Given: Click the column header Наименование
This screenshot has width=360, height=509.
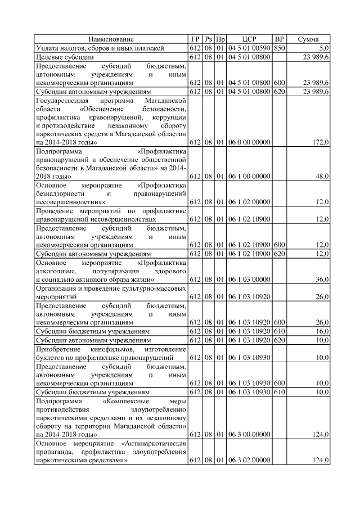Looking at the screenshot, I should pyautogui.click(x=111, y=39).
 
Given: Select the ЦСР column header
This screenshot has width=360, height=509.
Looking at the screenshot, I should pyautogui.click(x=249, y=39).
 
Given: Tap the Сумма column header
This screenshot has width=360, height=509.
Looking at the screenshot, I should pyautogui.click(x=308, y=39).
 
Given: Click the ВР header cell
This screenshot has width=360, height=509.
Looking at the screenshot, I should pyautogui.click(x=279, y=39).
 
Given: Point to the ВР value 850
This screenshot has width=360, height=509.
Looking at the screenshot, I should pyautogui.click(x=279, y=48).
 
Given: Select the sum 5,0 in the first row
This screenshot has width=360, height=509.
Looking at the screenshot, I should pyautogui.click(x=323, y=48).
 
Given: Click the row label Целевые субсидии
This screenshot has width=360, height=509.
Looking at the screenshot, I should pyautogui.click(x=61, y=57).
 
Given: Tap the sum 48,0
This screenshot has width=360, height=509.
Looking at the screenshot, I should pyautogui.click(x=322, y=176).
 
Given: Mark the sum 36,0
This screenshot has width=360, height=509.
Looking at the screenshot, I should pyautogui.click(x=322, y=280).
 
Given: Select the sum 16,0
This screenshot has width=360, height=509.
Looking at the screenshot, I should pyautogui.click(x=322, y=332).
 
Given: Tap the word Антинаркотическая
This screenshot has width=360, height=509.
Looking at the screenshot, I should pyautogui.click(x=157, y=444).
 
